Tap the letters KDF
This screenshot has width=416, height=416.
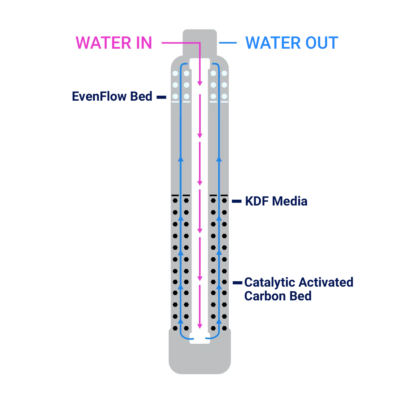point(257,201)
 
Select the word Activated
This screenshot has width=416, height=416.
point(326,282)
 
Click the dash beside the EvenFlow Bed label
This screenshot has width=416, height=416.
point(161,97)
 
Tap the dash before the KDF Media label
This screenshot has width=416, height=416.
point(237,201)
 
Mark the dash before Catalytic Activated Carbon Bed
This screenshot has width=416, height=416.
point(237,283)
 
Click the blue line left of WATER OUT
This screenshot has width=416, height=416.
point(228,43)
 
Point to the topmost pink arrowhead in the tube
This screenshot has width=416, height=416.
point(200,83)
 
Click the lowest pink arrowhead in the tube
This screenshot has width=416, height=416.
point(200,326)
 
